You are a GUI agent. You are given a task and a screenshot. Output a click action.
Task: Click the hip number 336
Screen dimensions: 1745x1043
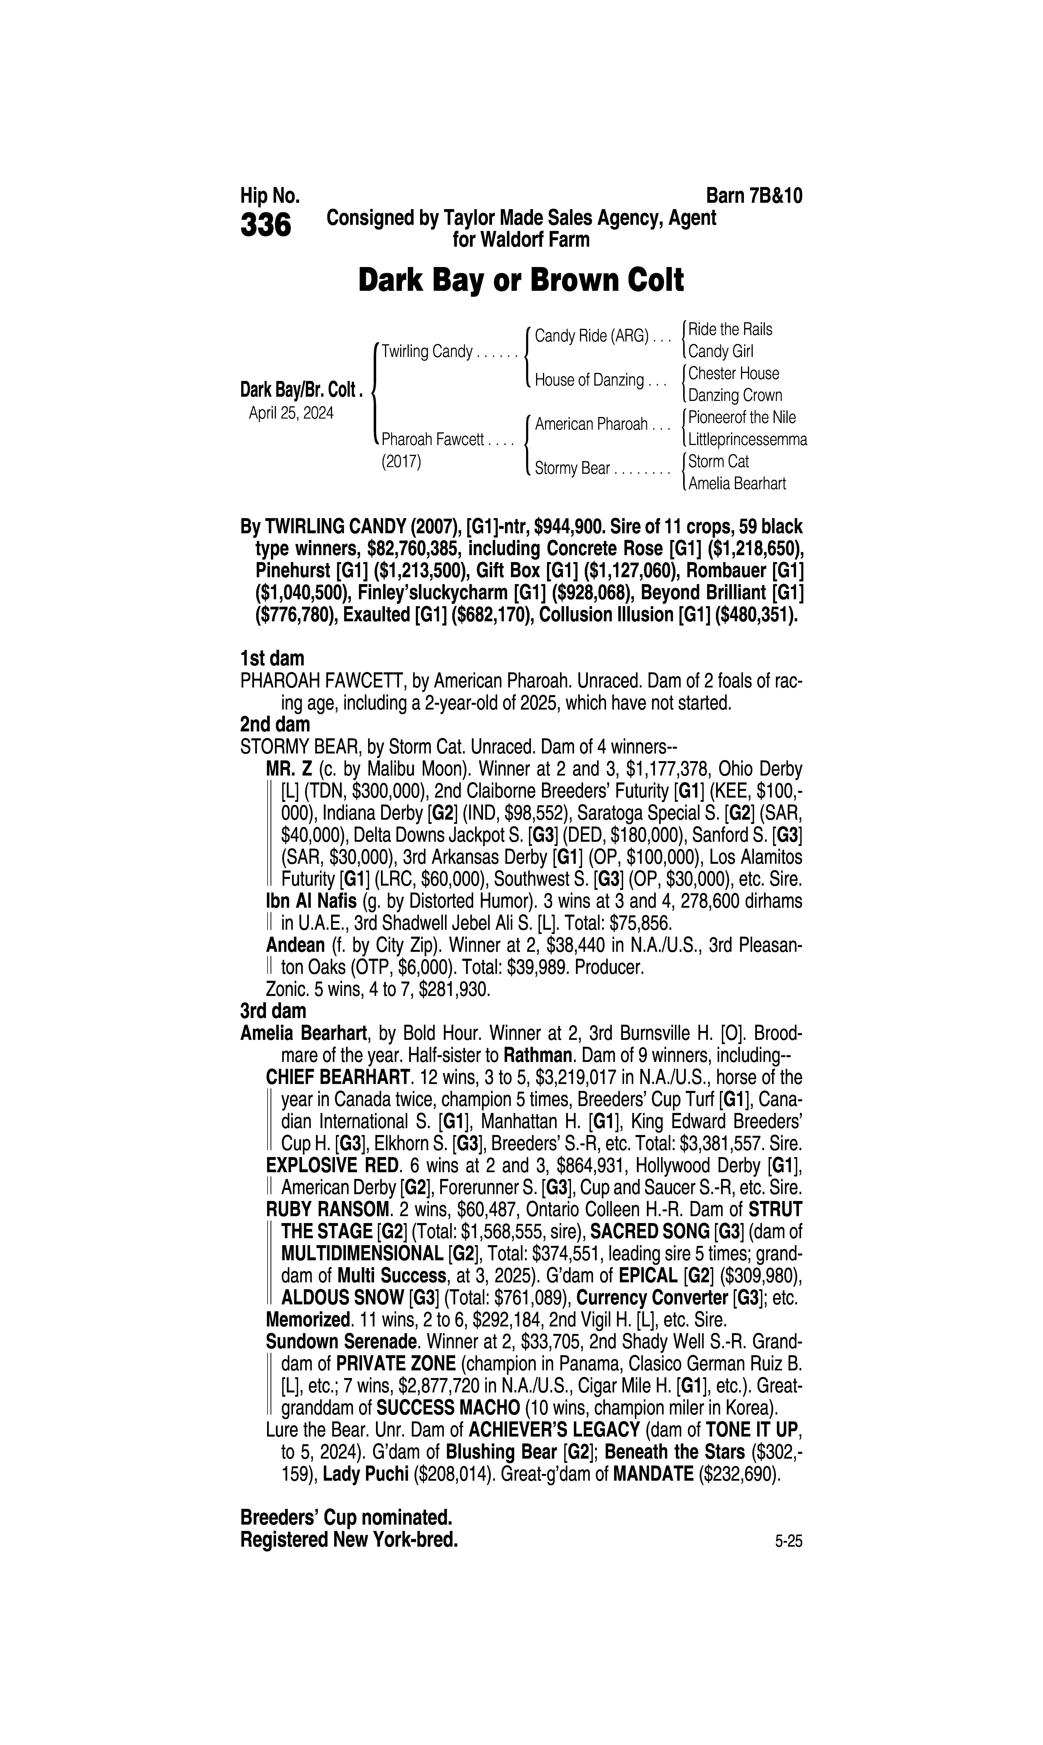click(266, 226)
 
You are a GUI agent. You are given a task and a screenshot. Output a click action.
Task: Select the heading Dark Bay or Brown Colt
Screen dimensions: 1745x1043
click(521, 280)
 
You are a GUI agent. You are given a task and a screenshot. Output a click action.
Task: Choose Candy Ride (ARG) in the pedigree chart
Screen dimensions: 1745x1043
click(591, 336)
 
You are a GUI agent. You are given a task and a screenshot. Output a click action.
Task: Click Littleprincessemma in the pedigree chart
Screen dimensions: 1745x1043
click(747, 440)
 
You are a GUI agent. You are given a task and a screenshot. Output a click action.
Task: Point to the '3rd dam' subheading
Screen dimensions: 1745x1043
click(273, 1011)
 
